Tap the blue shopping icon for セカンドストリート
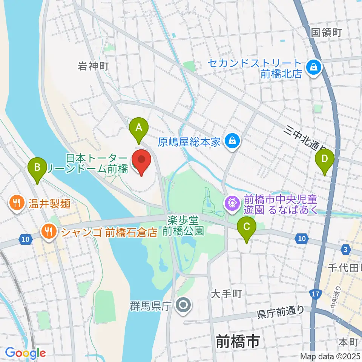point(313,68)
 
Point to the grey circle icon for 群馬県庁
point(184,306)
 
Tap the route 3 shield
point(345,249)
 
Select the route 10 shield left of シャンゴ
point(25,239)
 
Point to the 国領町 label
point(326,32)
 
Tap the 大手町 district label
point(226,293)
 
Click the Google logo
point(25,353)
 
